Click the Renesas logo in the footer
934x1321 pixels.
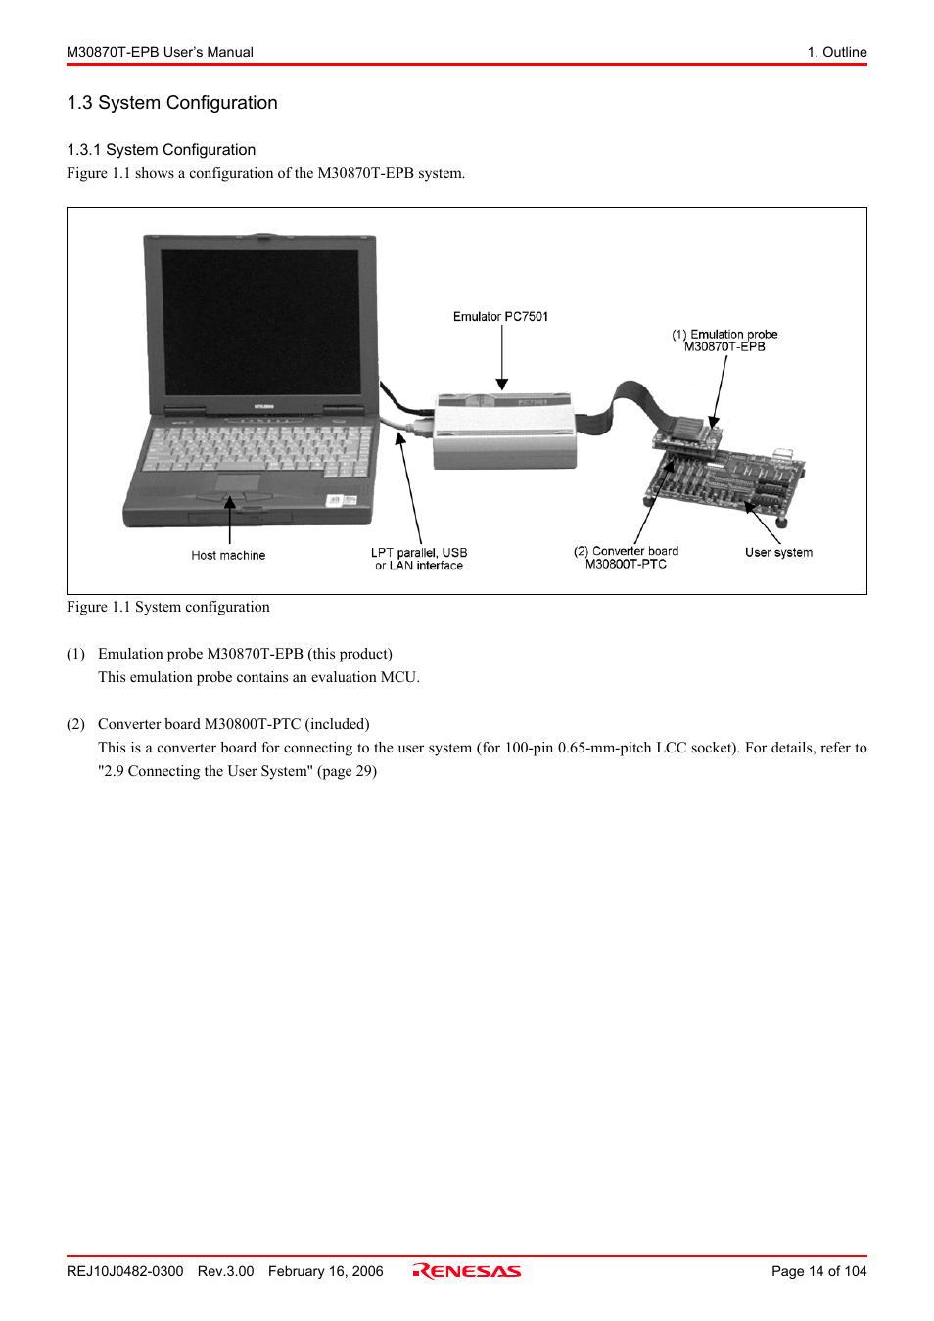[x=467, y=1271]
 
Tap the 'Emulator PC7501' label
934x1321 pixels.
[x=500, y=317]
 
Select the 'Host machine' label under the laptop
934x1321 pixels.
[x=228, y=556]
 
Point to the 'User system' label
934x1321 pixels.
[x=778, y=553]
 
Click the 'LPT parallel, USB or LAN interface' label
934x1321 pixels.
[x=419, y=559]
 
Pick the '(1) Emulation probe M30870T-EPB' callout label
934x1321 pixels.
[x=724, y=341]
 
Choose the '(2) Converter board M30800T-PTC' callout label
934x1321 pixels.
[x=626, y=558]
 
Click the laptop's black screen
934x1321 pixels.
[x=260, y=322]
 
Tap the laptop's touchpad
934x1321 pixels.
[x=237, y=483]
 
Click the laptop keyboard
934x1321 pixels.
[x=257, y=448]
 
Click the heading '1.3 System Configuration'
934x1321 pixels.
[x=172, y=103]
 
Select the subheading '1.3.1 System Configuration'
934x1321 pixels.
[x=162, y=150]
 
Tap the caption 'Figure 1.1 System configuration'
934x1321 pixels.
[x=168, y=607]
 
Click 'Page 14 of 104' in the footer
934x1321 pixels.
[x=818, y=1271]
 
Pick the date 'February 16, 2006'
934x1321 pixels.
[x=325, y=1271]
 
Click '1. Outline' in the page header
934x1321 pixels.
[x=837, y=52]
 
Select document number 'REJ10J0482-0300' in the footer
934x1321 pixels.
[x=125, y=1271]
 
